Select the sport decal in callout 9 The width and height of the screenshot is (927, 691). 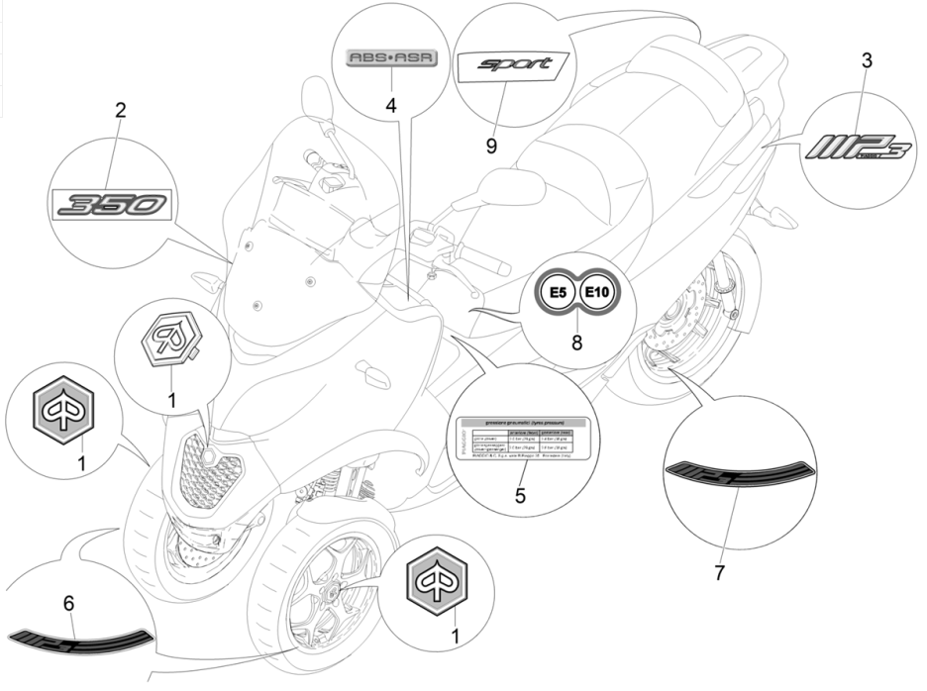coord(515,65)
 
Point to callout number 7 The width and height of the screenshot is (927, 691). coord(720,571)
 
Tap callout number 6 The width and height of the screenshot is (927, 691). coord(67,601)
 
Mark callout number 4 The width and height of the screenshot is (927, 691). coord(392,103)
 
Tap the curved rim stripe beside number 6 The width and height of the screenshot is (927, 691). coord(79,635)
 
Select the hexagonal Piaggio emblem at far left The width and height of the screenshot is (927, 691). coord(66,417)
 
